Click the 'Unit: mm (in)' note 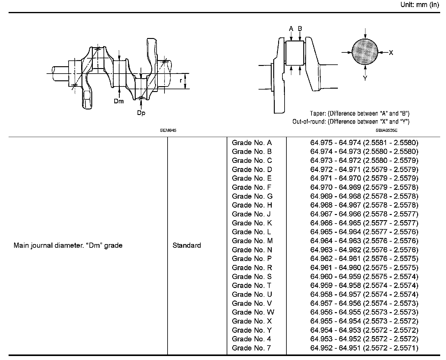(420, 5)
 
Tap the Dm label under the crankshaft (119, 101)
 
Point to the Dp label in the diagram (141, 113)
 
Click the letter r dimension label (181, 81)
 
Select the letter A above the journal (291, 29)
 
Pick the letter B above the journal (300, 29)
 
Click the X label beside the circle (391, 53)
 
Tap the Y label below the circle (365, 79)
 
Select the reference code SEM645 (168, 130)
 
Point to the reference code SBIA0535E (387, 130)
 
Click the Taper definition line (360, 113)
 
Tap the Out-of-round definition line (351, 122)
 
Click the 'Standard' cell (187, 245)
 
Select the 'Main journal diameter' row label (68, 245)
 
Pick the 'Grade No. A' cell (252, 143)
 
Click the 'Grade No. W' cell (253, 312)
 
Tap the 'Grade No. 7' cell (251, 348)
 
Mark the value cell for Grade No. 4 (364, 339)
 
